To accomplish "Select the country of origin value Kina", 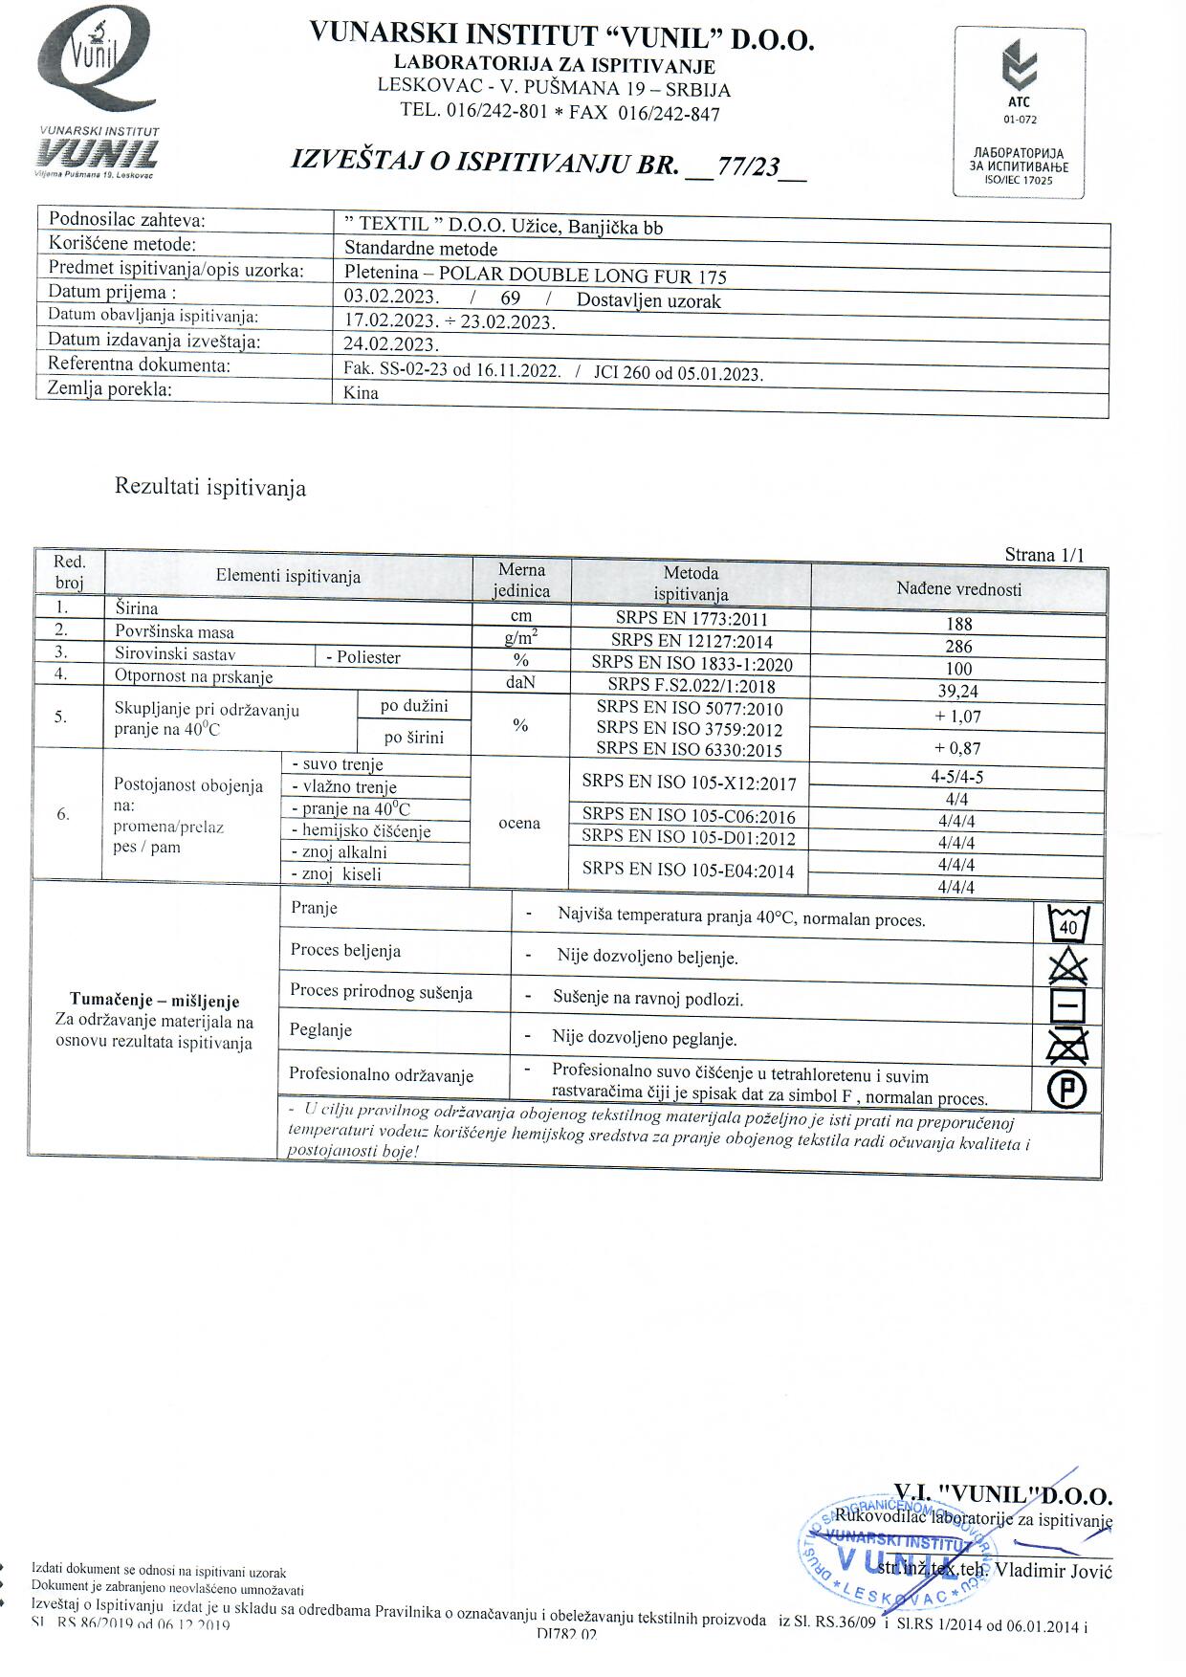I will click(x=361, y=393).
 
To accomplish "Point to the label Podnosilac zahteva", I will click(x=127, y=220).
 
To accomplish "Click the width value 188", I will click(x=958, y=624).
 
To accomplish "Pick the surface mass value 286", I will click(x=958, y=647).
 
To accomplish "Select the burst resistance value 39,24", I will click(x=958, y=692).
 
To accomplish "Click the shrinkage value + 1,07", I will click(x=958, y=717).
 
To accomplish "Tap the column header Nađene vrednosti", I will click(x=958, y=589).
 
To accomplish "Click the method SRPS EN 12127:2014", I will click(x=692, y=641).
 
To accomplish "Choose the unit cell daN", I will click(x=520, y=682).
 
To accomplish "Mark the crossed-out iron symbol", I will click(x=1067, y=1046).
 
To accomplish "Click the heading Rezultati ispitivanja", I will click(x=210, y=487).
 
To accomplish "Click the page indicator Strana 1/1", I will click(x=1044, y=555).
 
